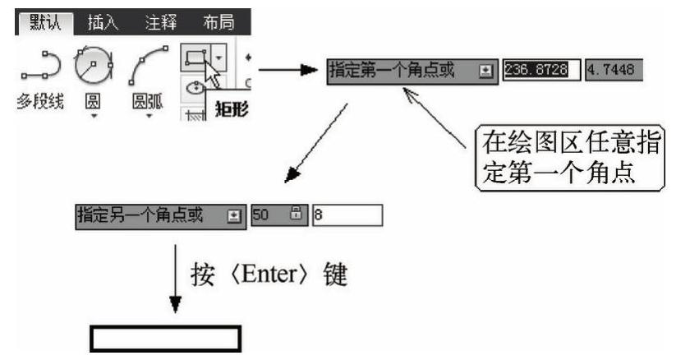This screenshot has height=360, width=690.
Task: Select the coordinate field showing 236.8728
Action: coord(542,69)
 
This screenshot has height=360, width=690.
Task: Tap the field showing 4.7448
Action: coord(614,69)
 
